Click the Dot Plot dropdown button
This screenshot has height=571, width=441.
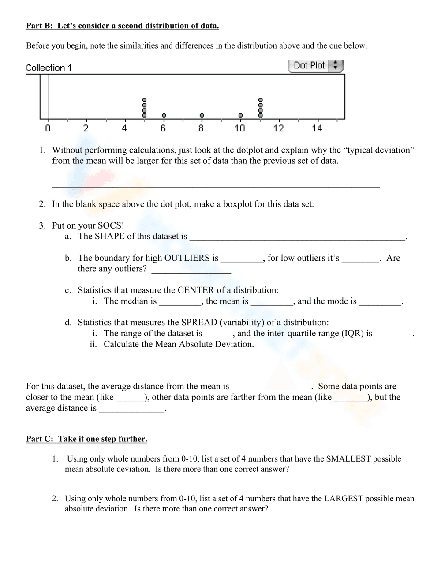[315, 66]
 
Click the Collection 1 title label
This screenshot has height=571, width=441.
[49, 68]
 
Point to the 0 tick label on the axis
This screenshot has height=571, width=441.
[48, 128]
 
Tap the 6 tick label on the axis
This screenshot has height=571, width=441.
[163, 128]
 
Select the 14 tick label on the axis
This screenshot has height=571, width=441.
[317, 128]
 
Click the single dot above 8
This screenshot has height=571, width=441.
[202, 115]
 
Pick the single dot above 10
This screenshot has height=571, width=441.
[240, 115]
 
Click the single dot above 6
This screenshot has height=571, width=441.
[164, 115]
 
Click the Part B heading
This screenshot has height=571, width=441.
[122, 26]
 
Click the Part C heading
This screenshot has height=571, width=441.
[86, 439]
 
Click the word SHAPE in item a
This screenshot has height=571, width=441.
[109, 237]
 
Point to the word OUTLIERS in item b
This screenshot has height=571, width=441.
[191, 258]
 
